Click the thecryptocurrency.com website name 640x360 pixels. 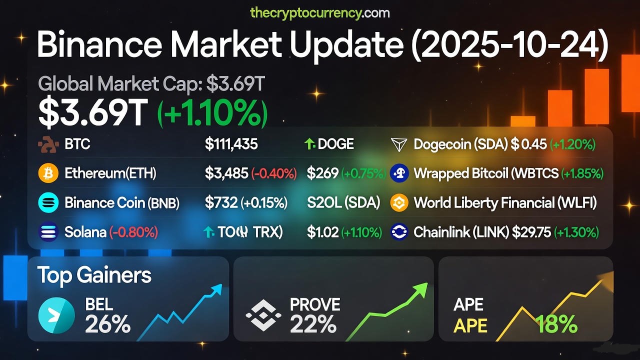click(x=319, y=12)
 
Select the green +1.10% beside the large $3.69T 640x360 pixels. click(x=213, y=113)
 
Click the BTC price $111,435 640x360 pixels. click(x=231, y=144)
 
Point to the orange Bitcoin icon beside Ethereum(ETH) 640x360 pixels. click(x=48, y=173)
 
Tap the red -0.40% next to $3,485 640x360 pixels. click(x=273, y=173)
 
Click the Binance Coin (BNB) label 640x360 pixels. click(x=122, y=202)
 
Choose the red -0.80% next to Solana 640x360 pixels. click(x=134, y=232)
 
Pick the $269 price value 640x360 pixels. click(x=322, y=173)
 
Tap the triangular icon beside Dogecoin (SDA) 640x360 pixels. click(x=399, y=145)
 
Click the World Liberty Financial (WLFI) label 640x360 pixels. click(x=505, y=202)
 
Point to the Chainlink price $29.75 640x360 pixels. click(x=530, y=232)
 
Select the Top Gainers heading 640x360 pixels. click(x=94, y=275)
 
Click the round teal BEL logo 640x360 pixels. click(x=56, y=315)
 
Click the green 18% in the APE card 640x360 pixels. click(x=556, y=325)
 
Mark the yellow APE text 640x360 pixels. click(x=470, y=325)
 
